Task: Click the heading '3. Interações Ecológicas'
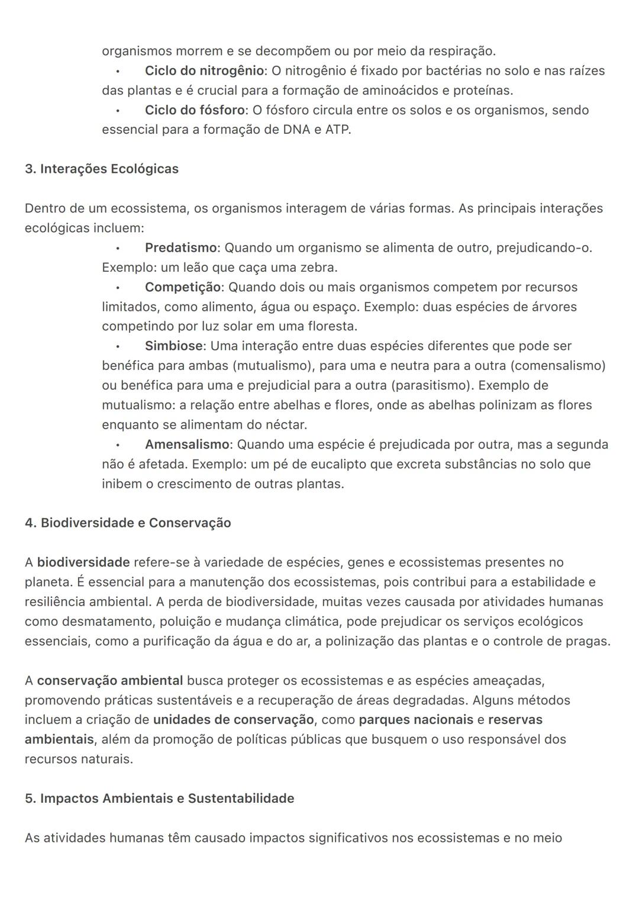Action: [101, 169]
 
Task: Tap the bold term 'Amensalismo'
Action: [187, 444]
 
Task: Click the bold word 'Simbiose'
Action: [173, 346]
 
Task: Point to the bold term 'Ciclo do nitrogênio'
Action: [204, 70]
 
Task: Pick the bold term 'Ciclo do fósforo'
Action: [195, 110]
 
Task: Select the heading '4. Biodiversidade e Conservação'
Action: [128, 523]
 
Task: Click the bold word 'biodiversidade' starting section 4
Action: [83, 562]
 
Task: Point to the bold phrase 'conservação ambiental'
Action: [109, 680]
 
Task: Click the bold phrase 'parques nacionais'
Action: [415, 719]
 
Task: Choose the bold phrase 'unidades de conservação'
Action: [233, 719]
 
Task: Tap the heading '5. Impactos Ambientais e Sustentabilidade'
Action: [159, 798]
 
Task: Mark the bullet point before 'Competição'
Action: [118, 288]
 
